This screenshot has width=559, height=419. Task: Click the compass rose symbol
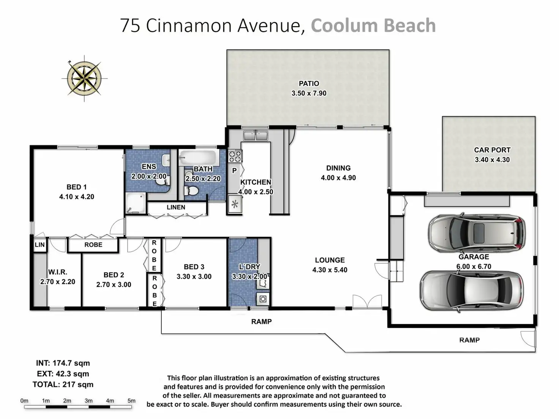84,78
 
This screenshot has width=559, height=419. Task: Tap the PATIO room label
309,83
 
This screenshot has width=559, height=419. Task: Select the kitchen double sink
255,135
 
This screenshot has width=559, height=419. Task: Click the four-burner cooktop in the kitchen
235,156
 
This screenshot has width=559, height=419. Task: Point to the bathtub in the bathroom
198,158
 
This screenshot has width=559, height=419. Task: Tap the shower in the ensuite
136,203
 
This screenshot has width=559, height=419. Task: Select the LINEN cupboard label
176,207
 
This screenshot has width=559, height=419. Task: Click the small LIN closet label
40,245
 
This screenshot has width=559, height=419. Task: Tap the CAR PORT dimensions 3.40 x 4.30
492,160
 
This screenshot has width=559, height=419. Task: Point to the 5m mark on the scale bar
131,401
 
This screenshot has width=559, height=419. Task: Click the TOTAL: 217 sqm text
63,384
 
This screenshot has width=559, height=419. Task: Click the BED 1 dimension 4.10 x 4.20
77,197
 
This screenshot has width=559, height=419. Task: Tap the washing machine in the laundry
263,299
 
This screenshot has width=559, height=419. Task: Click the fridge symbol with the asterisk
235,204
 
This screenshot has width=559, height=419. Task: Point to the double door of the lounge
367,302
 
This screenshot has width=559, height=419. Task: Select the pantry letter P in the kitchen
234,171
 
